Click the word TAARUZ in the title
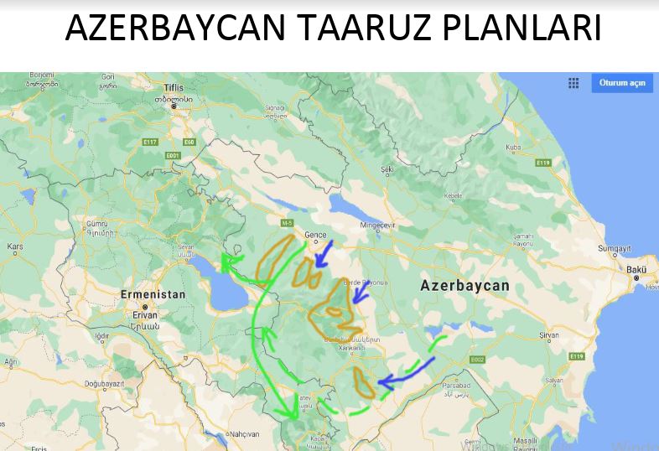[362, 29]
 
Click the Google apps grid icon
[573, 83]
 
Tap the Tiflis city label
[174, 87]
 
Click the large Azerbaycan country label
[464, 286]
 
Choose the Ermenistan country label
[153, 295]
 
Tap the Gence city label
[314, 236]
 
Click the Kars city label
[15, 247]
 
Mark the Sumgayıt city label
[614, 249]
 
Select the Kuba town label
[513, 148]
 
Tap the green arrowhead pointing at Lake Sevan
[226, 265]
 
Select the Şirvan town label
[548, 334]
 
